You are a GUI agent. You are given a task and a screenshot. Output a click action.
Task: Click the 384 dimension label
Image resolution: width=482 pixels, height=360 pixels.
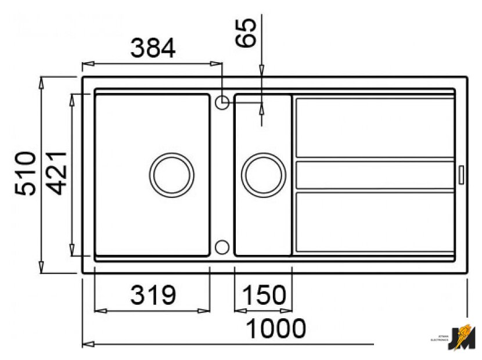click(153, 49)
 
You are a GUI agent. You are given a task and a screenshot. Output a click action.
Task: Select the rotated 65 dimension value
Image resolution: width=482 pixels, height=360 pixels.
click(246, 34)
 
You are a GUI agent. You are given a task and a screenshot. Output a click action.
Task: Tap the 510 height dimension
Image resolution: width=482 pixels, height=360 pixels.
click(26, 173)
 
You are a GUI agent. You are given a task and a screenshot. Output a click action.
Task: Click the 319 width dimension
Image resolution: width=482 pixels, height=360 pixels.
click(153, 296)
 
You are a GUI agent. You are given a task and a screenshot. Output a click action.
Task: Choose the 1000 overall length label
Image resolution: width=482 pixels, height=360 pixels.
click(276, 329)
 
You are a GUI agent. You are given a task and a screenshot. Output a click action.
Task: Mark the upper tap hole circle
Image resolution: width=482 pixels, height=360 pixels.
click(222, 102)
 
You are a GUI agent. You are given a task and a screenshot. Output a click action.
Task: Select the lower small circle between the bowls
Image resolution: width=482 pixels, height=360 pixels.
click(222, 247)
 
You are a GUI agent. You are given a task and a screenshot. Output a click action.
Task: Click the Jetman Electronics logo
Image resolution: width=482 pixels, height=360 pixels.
click(463, 337)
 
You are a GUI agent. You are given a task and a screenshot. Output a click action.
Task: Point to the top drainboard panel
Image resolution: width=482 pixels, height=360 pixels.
click(375, 128)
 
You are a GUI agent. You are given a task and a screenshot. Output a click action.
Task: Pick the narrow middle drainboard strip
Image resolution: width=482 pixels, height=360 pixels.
click(375, 175)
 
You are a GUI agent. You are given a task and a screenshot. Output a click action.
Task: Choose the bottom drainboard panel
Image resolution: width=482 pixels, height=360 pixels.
click(375, 222)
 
